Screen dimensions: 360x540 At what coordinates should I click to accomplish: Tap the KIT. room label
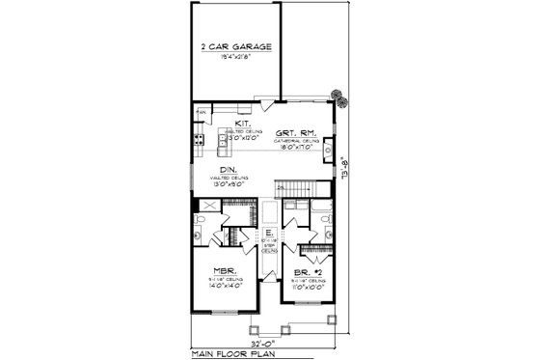[244, 124]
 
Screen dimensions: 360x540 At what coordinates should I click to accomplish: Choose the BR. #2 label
[310, 272]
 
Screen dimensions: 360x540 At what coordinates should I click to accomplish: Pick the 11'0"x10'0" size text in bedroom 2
[310, 286]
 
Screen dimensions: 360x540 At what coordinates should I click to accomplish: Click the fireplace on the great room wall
[330, 150]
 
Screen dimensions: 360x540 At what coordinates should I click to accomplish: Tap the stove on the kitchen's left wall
[199, 140]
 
